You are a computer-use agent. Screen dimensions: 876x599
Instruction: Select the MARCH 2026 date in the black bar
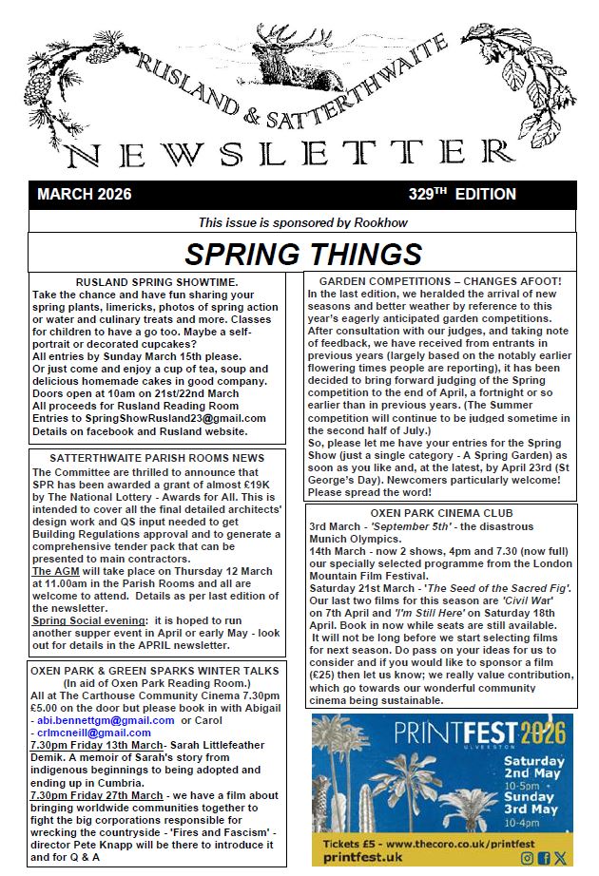coord(85,195)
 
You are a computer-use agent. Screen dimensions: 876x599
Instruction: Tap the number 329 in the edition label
coord(421,195)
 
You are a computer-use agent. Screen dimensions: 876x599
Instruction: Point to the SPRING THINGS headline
coord(302,254)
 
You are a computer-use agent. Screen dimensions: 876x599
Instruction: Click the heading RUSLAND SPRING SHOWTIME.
coord(157,282)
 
